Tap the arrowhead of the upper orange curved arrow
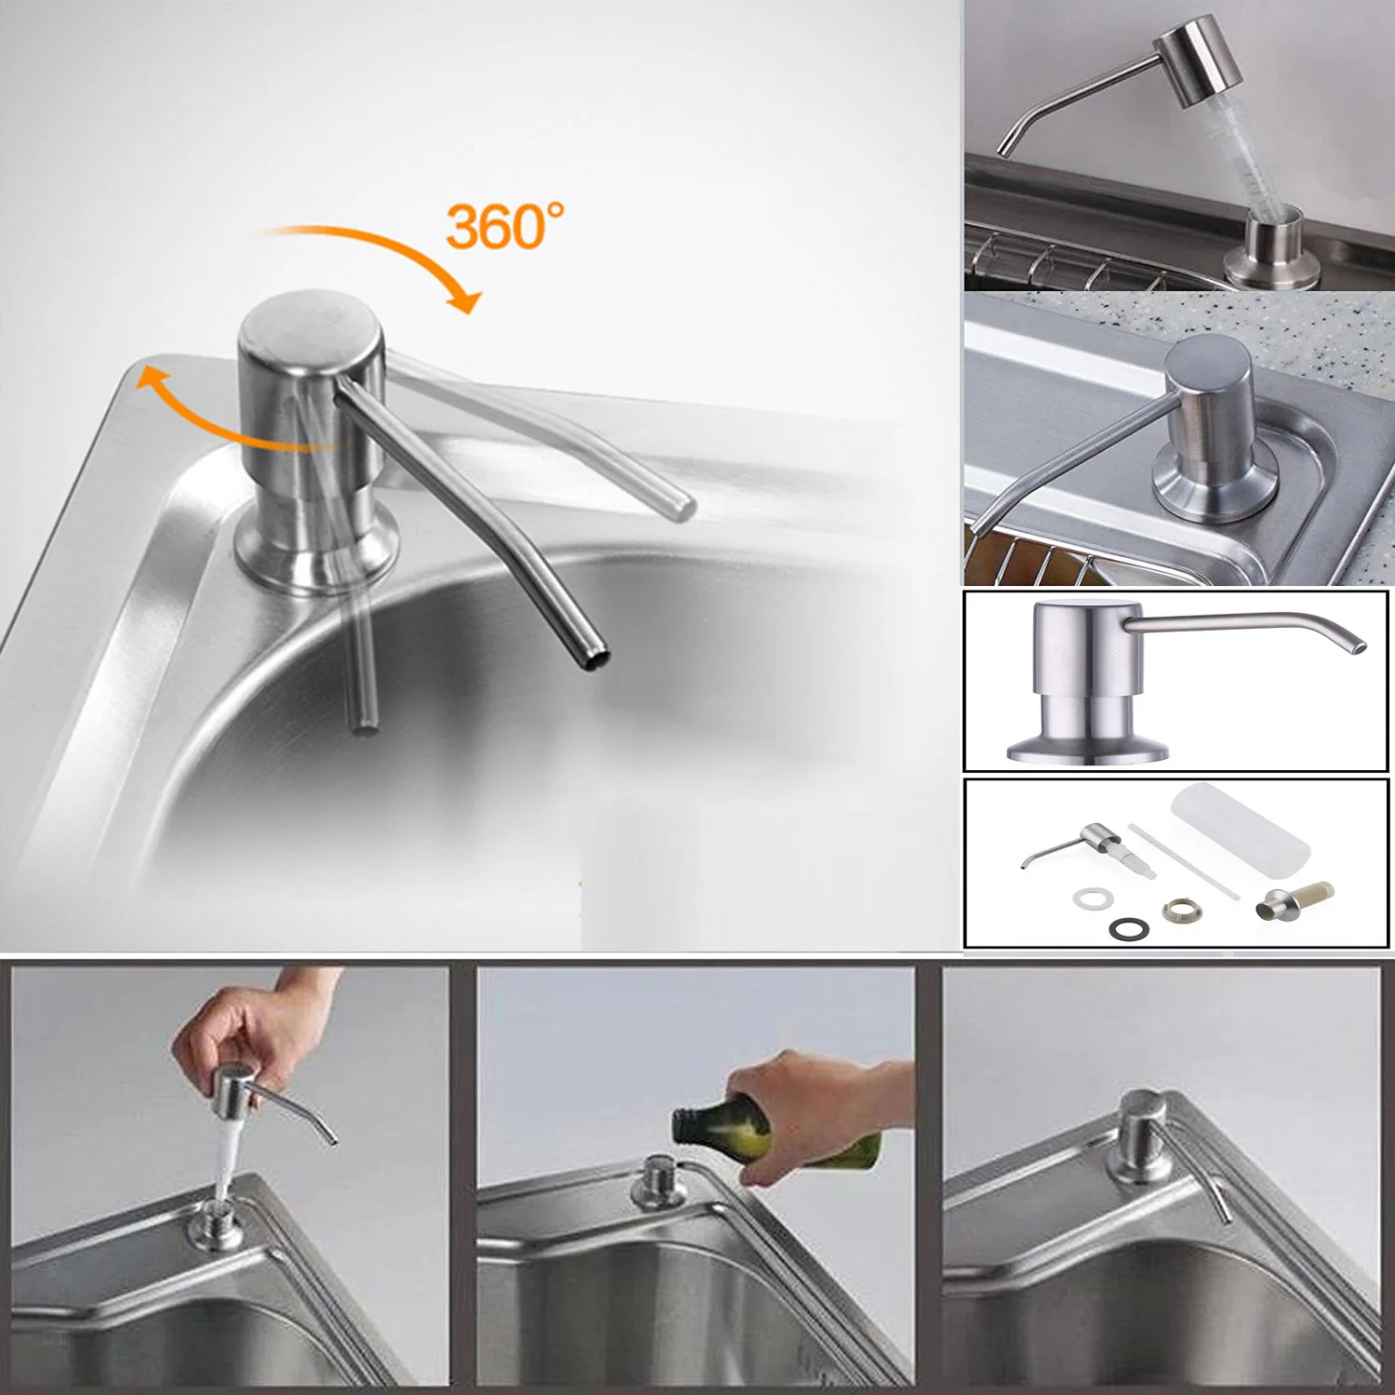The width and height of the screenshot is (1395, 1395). tap(465, 299)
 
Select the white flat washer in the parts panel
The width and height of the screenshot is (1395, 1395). tap(1090, 898)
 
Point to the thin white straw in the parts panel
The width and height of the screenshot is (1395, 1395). tap(1183, 860)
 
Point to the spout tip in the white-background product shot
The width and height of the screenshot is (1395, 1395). tap(1360, 644)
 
